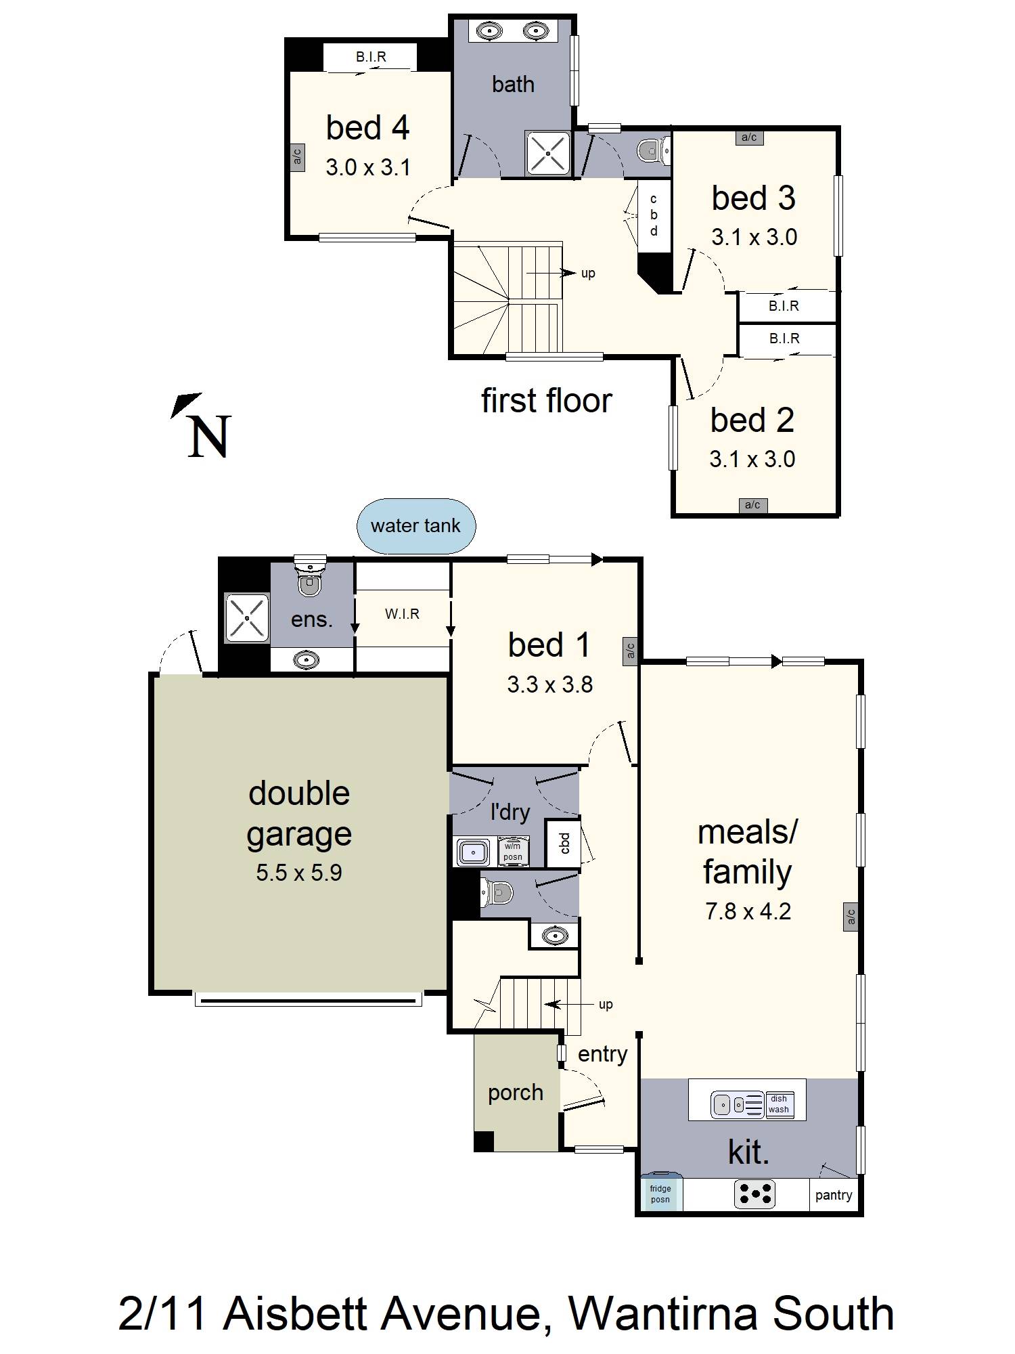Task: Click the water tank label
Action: pos(415,526)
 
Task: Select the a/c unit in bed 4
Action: pos(297,156)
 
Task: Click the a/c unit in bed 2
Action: pos(752,504)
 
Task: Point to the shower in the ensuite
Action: pos(247,617)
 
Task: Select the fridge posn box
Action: pos(661,1194)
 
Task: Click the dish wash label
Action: pos(778,1104)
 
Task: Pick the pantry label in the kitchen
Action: pos(834,1195)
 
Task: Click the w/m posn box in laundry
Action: pos(513,851)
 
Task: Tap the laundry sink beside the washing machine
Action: pos(474,851)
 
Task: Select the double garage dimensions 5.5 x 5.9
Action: pos(299,873)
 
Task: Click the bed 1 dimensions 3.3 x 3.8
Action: pos(550,684)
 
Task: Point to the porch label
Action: pos(516,1093)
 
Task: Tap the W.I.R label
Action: pos(403,614)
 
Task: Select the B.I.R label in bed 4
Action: pos(371,57)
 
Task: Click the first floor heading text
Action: pos(547,401)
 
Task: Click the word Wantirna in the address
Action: pos(664,1313)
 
